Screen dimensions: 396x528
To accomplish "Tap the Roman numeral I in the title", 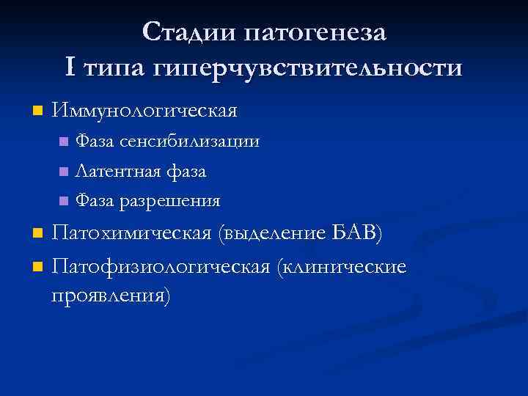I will coord(70,68).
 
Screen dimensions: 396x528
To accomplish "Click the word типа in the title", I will coord(114,68).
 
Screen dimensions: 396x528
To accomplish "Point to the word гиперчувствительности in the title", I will coord(308,68).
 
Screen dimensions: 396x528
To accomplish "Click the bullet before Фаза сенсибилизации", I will coord(63,142).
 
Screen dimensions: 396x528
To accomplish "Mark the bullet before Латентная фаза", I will coord(63,172).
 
